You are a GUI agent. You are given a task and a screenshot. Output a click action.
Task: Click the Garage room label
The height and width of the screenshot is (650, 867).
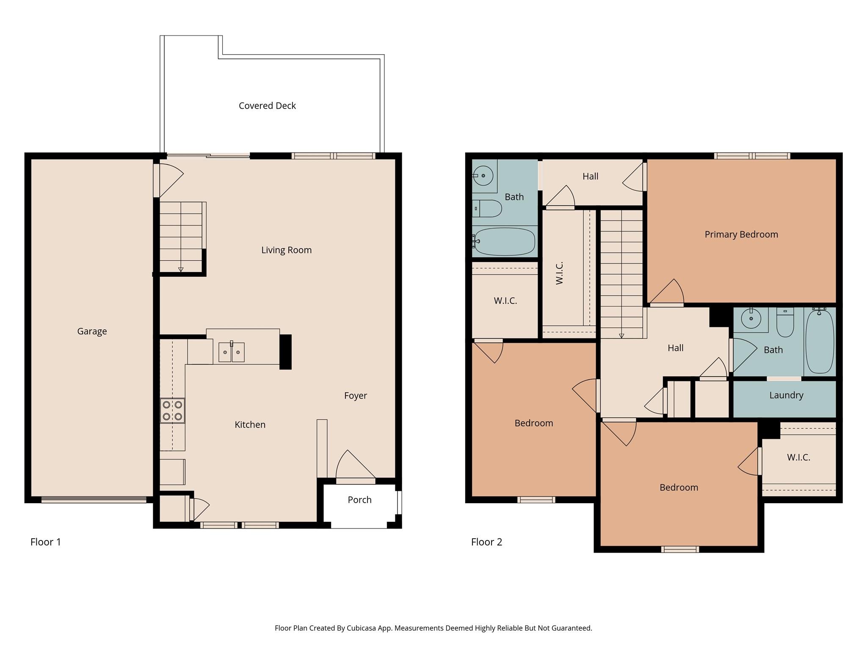click(x=92, y=331)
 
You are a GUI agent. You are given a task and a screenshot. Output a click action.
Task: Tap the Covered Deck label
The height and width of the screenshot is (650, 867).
click(x=267, y=106)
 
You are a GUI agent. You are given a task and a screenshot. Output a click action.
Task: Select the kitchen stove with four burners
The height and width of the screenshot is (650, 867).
click(x=172, y=410)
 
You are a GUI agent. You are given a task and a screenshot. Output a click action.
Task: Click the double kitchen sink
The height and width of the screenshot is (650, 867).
click(x=231, y=352)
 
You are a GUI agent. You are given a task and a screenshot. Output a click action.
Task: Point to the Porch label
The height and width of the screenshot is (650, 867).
click(x=359, y=500)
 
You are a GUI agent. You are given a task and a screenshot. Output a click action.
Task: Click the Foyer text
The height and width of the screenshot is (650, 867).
click(x=355, y=396)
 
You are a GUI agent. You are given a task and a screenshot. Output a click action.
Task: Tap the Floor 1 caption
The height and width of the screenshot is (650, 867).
click(x=46, y=542)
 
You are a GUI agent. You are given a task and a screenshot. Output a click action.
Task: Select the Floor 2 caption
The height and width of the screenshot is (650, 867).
click(x=486, y=542)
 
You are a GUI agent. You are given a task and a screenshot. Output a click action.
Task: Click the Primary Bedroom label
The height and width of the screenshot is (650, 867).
click(x=741, y=234)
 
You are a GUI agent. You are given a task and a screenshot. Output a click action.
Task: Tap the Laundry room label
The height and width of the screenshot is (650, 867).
click(x=786, y=395)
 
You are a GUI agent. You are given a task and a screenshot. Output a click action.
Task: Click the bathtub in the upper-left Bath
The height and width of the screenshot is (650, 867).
click(x=504, y=242)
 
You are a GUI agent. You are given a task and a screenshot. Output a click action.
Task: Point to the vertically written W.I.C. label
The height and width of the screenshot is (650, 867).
click(x=560, y=273)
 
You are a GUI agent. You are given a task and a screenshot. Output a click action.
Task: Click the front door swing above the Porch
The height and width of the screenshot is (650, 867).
click(x=355, y=465)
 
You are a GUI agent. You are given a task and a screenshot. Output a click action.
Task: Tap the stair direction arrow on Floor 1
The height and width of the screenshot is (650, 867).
click(x=181, y=269)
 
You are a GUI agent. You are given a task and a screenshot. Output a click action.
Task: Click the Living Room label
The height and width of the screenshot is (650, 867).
click(x=286, y=250)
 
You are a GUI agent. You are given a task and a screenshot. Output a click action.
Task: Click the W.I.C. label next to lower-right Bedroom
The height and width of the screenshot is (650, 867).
click(x=798, y=457)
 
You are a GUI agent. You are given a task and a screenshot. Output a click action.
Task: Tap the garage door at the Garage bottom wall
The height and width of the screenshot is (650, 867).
click(x=94, y=500)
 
